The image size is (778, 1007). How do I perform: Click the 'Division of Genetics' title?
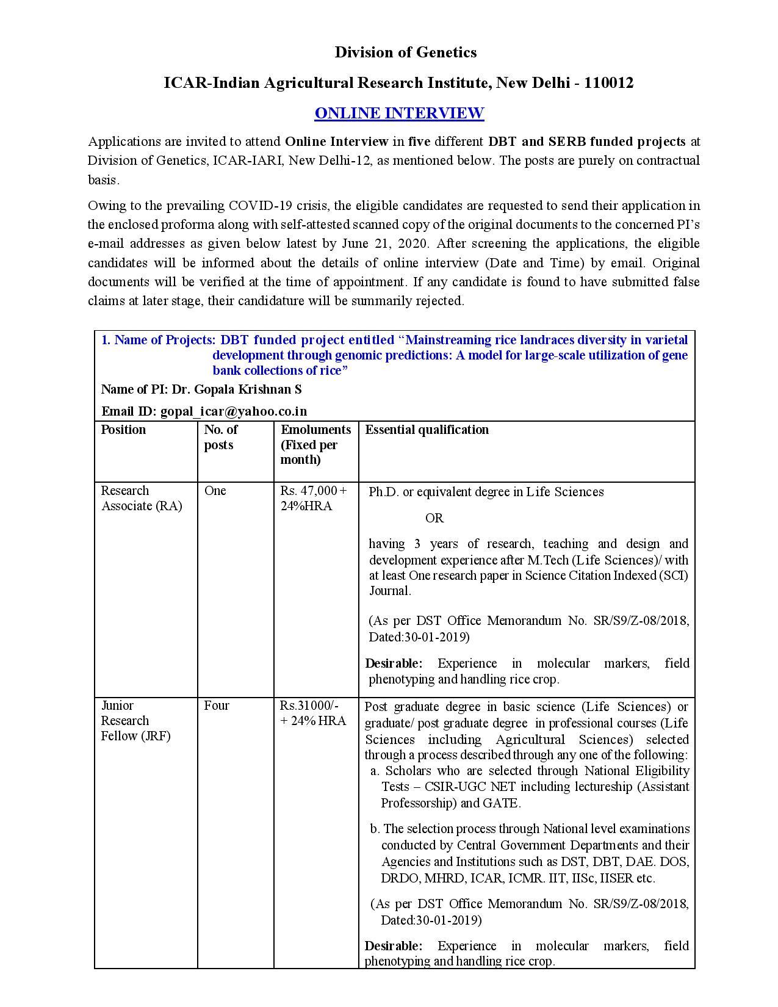[405, 52]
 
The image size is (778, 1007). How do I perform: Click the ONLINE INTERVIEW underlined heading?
[399, 114]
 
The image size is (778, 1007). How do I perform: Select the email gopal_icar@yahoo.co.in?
[233, 411]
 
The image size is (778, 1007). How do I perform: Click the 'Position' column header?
[123, 430]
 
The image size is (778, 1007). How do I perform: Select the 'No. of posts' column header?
[220, 437]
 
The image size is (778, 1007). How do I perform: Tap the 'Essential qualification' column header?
[427, 430]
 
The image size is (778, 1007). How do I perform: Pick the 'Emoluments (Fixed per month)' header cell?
[315, 444]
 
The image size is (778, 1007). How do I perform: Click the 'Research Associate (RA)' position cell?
[141, 498]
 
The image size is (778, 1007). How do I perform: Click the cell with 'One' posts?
[215, 491]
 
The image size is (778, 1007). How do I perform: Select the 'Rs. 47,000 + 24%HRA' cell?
[314, 498]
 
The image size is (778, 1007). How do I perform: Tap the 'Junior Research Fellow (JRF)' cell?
[135, 720]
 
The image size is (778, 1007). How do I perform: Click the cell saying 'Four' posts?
[217, 706]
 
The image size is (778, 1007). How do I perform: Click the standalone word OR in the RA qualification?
[434, 518]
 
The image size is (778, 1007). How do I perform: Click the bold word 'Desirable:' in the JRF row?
[393, 945]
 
